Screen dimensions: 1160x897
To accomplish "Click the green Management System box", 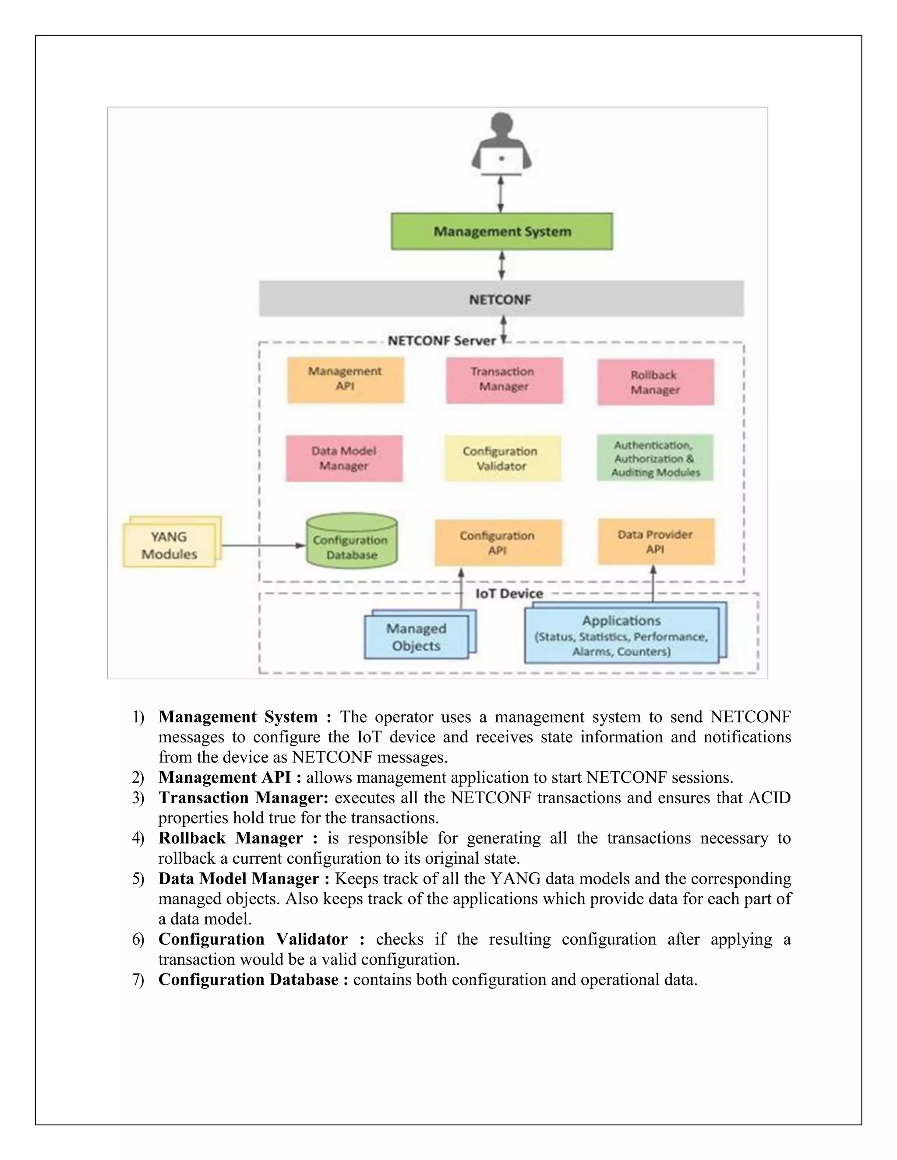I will (x=501, y=232).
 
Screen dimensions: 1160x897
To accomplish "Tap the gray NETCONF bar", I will (x=501, y=299).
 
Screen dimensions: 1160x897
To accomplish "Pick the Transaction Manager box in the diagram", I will (x=504, y=380).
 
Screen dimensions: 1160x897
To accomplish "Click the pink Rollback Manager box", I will (x=655, y=383).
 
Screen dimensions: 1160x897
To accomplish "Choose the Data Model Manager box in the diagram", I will (x=344, y=458).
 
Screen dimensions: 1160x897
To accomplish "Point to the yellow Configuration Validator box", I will (x=502, y=458).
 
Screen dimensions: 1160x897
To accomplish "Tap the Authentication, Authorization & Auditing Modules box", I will (x=655, y=458).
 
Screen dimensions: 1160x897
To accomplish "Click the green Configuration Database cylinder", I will (x=352, y=542).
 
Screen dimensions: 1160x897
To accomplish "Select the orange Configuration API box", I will (x=498, y=543).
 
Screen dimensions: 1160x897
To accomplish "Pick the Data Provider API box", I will (x=656, y=542).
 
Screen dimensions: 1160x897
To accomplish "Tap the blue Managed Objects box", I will (x=417, y=637).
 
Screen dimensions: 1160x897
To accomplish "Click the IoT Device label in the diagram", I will (x=509, y=593).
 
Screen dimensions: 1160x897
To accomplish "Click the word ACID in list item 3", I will (x=769, y=798).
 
